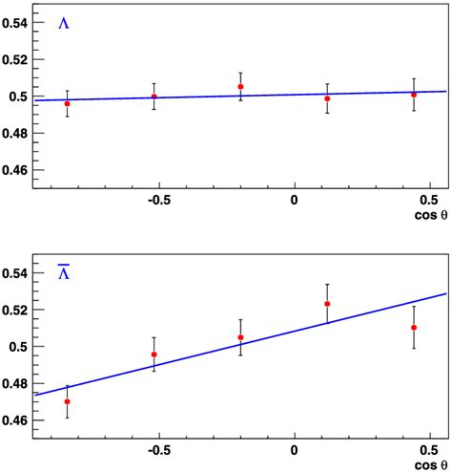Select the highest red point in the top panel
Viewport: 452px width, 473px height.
tap(240, 87)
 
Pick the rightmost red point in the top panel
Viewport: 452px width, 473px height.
tap(414, 95)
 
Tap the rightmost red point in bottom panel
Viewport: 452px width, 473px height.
tap(414, 328)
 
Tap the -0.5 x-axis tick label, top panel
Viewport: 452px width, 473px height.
tap(158, 199)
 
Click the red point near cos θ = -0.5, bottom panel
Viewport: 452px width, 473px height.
tap(154, 355)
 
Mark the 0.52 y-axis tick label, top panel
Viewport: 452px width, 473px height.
tap(16, 59)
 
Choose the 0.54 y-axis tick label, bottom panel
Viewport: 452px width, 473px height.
tap(16, 273)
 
